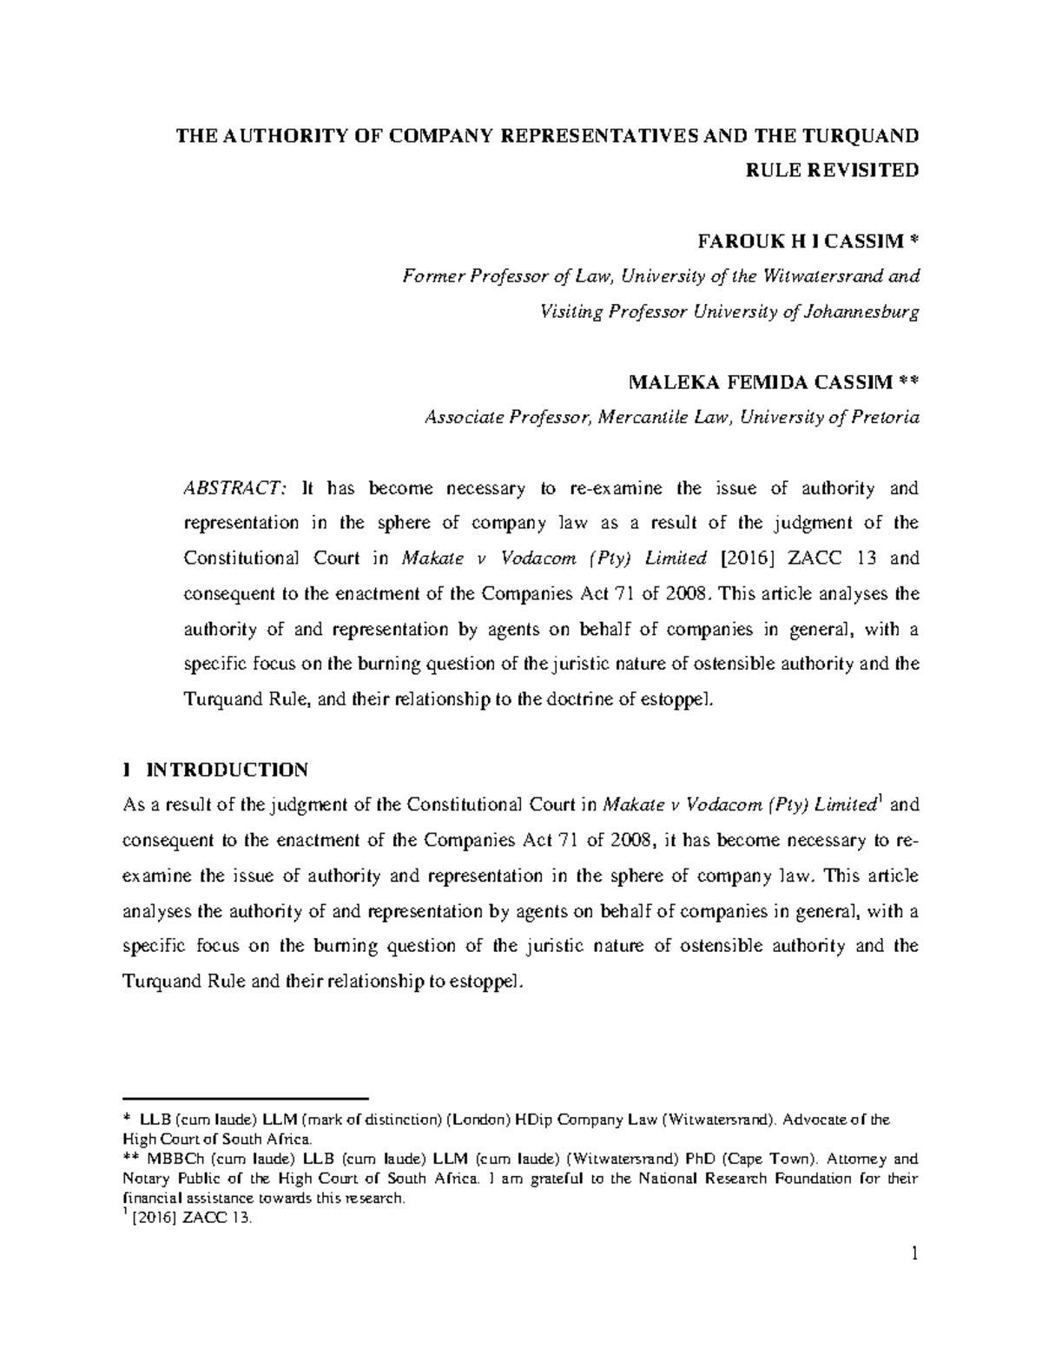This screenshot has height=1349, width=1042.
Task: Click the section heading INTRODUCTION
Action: pyautogui.click(x=227, y=770)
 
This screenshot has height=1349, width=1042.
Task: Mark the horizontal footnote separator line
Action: pyautogui.click(x=247, y=1098)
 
